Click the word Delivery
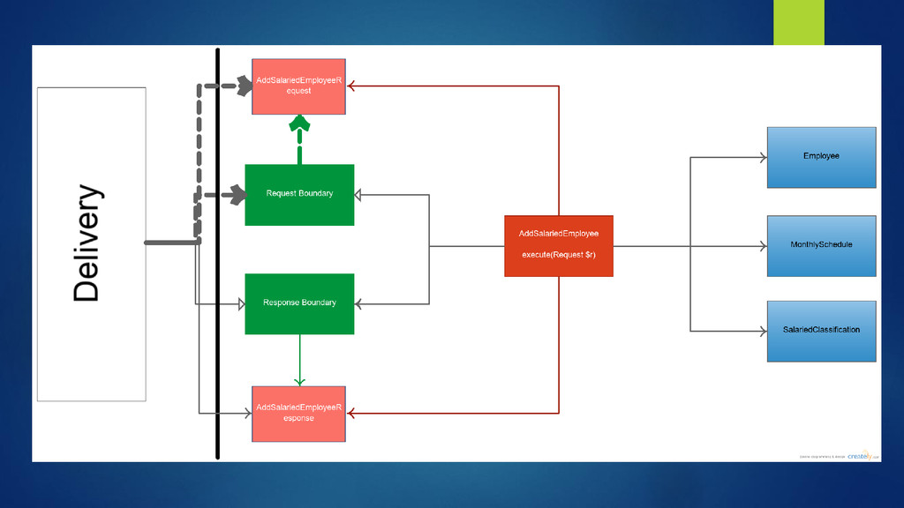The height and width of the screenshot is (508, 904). [87, 243]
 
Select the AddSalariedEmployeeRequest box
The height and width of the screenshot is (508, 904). [298, 86]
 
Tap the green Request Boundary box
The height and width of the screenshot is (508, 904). [299, 194]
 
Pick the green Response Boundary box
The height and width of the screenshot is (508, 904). [299, 303]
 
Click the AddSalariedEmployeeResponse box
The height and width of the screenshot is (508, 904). [298, 414]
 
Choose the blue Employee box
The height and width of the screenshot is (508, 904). [821, 157]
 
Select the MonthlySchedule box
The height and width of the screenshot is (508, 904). [821, 245]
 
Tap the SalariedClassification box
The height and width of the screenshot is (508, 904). [821, 331]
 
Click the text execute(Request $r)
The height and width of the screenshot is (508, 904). [558, 254]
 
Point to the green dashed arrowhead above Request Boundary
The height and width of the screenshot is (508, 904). [300, 124]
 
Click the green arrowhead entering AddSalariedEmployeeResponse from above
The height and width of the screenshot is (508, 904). [299, 380]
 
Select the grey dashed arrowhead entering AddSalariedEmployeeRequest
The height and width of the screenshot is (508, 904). [243, 86]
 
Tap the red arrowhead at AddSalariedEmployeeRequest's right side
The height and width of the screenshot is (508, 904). [351, 86]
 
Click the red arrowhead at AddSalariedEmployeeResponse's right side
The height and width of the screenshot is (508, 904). [351, 412]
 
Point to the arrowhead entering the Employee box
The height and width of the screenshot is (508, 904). [762, 158]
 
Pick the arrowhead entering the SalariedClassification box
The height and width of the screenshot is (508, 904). [762, 332]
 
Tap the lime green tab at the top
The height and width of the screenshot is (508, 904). [798, 22]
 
